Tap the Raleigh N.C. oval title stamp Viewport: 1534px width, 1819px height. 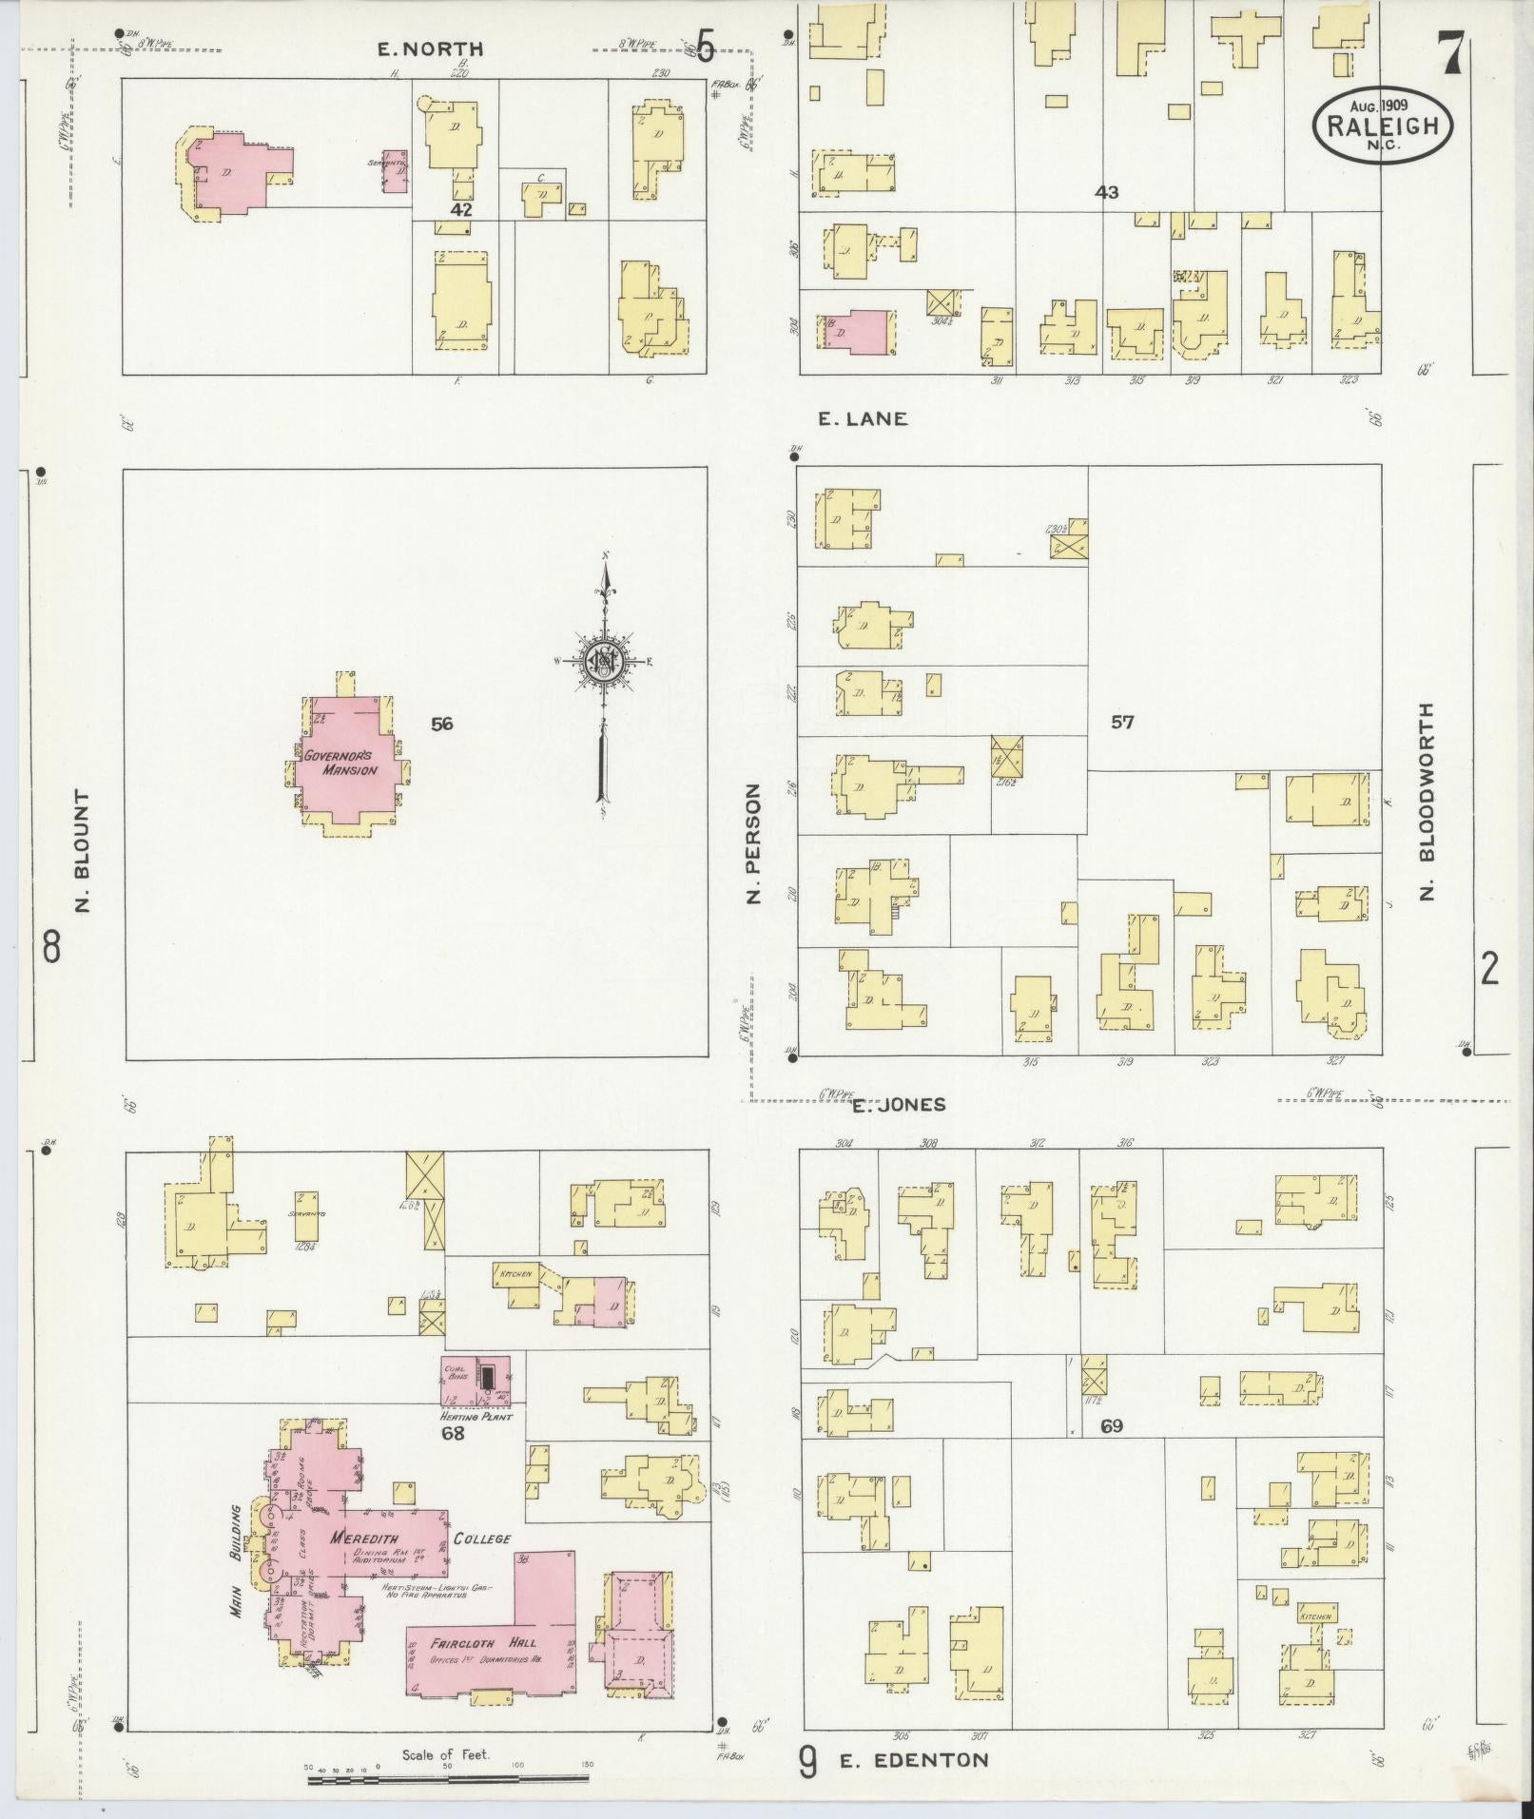[x=1382, y=126]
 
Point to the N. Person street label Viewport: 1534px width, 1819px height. [x=754, y=843]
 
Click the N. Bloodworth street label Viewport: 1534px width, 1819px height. [x=1426, y=802]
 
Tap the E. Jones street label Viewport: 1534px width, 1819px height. [x=899, y=1104]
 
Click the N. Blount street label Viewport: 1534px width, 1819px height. [x=83, y=851]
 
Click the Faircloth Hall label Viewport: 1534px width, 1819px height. [x=483, y=1642]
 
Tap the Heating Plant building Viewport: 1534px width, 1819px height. [x=475, y=1381]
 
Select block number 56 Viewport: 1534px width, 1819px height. [x=441, y=725]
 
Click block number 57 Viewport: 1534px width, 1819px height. [x=1122, y=722]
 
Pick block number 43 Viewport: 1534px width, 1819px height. [x=1106, y=193]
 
